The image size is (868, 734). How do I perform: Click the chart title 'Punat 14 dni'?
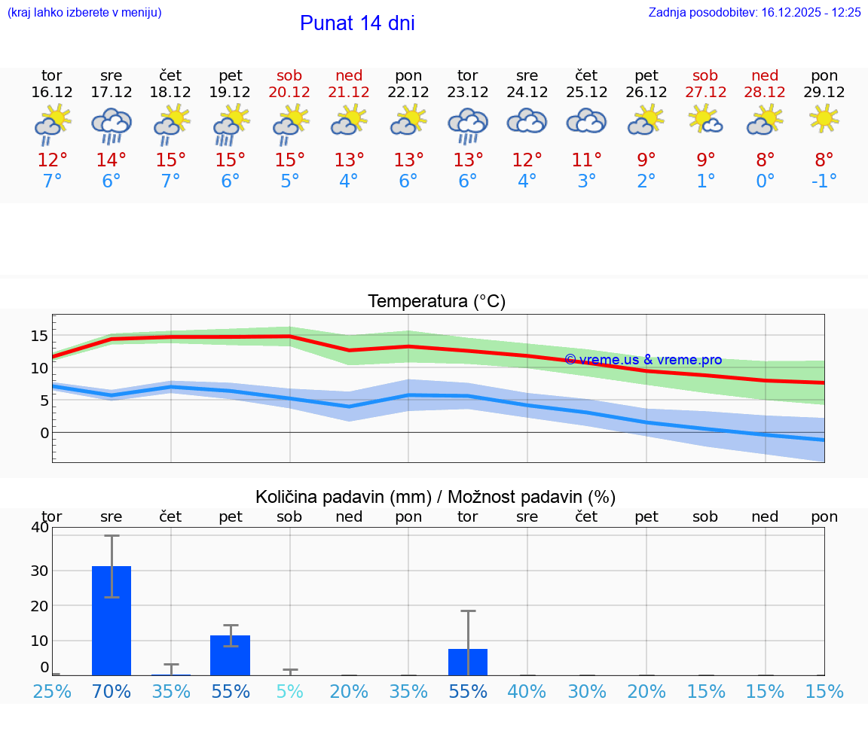357,23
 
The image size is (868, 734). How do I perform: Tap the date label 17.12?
111,93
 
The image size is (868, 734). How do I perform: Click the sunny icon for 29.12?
824,118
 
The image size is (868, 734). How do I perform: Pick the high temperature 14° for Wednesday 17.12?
111,160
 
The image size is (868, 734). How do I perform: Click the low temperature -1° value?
824,181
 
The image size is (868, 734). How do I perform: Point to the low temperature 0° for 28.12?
765,181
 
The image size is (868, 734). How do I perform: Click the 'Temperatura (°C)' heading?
436,302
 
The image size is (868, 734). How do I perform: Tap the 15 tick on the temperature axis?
40,336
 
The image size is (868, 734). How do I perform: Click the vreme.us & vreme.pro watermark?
643,360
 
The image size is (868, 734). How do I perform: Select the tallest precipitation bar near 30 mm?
112,620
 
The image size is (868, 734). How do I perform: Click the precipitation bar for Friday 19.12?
230,655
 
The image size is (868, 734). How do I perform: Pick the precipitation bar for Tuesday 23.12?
468,662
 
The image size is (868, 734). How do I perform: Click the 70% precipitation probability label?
112,692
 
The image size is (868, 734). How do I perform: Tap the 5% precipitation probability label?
289,692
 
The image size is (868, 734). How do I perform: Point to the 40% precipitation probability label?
527,692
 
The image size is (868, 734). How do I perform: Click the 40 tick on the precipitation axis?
40,528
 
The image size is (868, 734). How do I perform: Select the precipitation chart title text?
436,497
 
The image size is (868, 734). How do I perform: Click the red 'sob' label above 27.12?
705,76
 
